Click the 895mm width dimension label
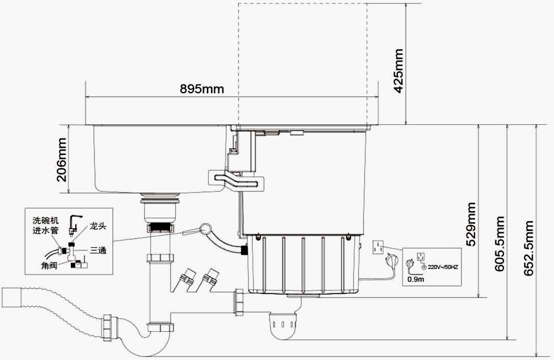pyautogui.click(x=202, y=88)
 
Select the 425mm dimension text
pyautogui.click(x=398, y=71)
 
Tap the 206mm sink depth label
pyautogui.click(x=62, y=159)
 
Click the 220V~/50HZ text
pyautogui.click(x=443, y=267)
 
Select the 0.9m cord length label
pyautogui.click(x=416, y=279)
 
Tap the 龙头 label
pyautogui.click(x=98, y=227)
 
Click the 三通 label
pyautogui.click(x=98, y=250)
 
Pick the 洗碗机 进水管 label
pyautogui.click(x=45, y=226)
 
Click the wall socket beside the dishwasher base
pyautogui.click(x=379, y=247)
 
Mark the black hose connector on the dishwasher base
pyautogui.click(x=244, y=250)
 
